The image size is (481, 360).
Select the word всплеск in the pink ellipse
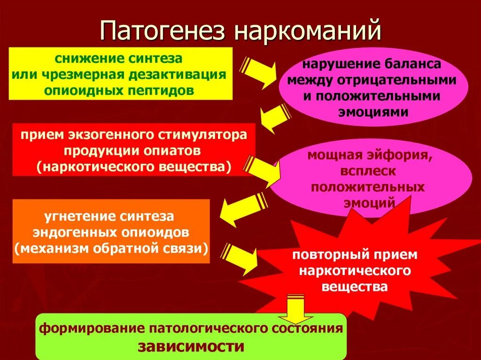click(x=367, y=171)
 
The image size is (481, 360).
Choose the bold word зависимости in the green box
click(x=191, y=347)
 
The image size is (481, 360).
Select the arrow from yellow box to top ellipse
click(x=259, y=71)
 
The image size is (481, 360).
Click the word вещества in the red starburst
click(x=355, y=286)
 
